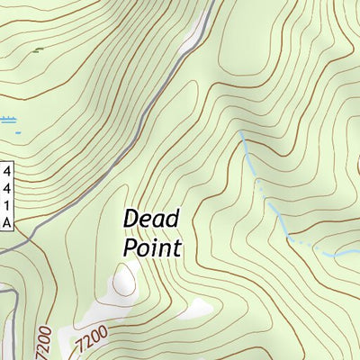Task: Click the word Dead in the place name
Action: click(151, 219)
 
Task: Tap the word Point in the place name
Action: click(151, 247)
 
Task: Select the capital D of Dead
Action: click(131, 219)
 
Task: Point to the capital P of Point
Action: click(130, 247)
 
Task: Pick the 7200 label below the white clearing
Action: click(91, 340)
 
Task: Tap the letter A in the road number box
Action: click(7, 221)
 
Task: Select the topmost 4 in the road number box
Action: click(7, 171)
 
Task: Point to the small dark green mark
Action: click(37, 50)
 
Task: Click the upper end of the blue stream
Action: click(240, 133)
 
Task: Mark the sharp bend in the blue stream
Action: click(288, 238)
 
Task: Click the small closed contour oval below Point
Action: click(123, 281)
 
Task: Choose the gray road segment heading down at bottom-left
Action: click(13, 324)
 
